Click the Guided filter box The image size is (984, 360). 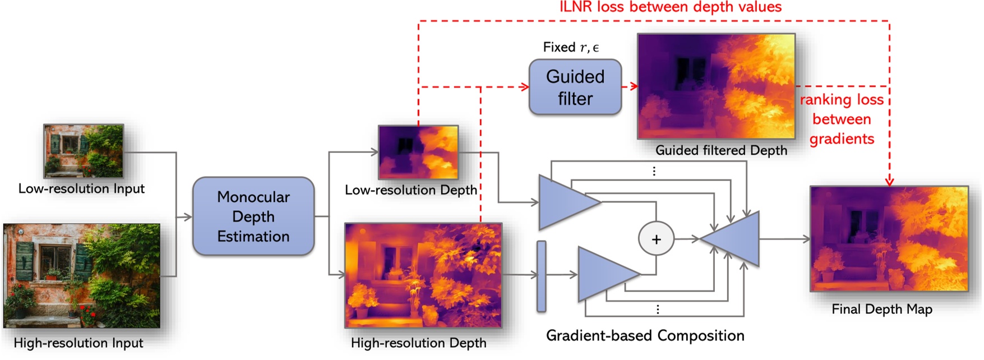point(575,87)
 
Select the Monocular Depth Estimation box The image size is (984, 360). point(253,216)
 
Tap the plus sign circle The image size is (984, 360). point(656,239)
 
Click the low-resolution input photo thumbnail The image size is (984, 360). point(84,151)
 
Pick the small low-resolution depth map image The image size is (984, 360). point(418,152)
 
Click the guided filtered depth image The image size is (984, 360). point(716,86)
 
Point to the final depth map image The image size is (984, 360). point(889,239)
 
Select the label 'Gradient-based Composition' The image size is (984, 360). point(645,335)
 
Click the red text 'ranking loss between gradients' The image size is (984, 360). point(842,119)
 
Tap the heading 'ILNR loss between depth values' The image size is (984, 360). point(671,7)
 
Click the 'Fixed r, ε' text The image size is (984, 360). point(571,48)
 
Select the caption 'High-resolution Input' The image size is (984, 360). point(78,343)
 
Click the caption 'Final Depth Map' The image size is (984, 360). point(882,309)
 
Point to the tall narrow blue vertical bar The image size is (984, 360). point(541,276)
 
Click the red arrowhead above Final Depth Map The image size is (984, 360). point(889,181)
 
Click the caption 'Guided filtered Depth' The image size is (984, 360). point(721,150)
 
